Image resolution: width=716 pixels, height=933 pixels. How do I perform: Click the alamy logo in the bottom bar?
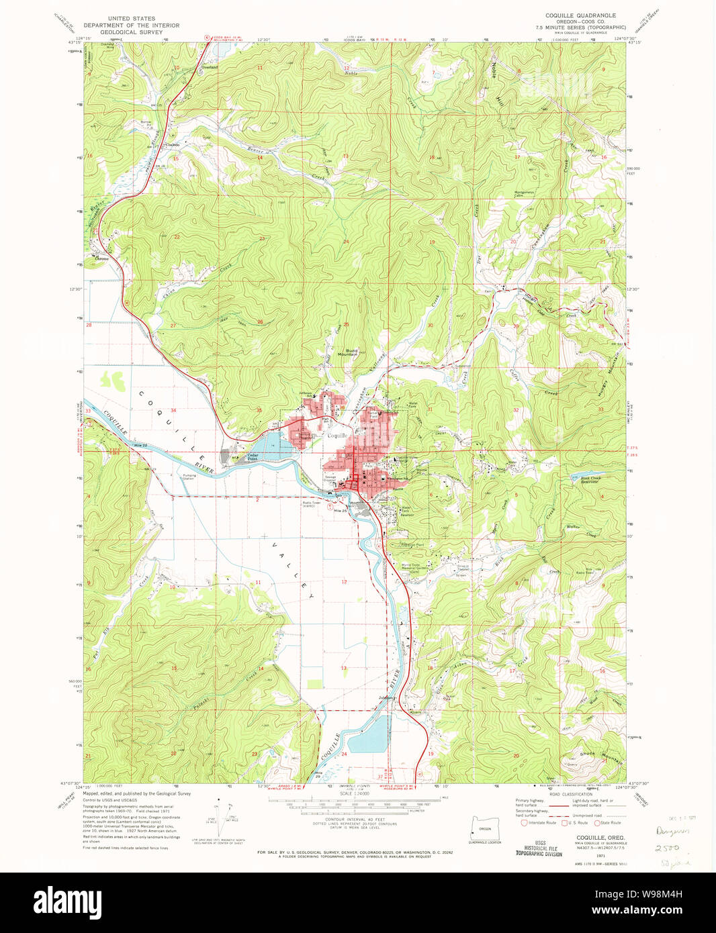pos(71,902)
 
